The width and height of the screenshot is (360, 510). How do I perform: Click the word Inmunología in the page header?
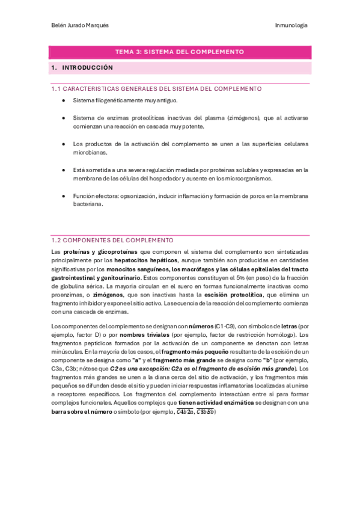point(291,25)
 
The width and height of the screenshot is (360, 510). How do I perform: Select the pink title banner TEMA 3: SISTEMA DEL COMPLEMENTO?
point(180,52)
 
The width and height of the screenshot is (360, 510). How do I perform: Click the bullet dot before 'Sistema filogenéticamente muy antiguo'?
point(64,101)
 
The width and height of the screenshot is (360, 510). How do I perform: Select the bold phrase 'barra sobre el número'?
point(84,412)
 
